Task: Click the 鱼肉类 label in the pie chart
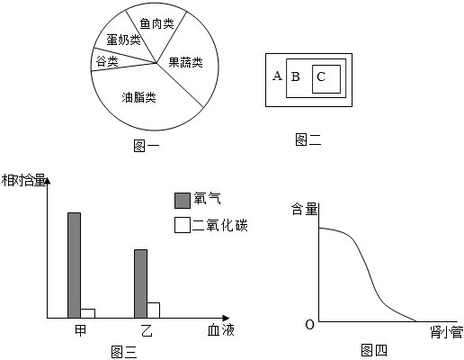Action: click(156, 23)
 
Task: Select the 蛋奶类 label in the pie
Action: click(123, 40)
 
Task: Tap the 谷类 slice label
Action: click(107, 61)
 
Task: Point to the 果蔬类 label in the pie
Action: click(185, 62)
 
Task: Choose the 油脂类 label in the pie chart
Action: click(138, 97)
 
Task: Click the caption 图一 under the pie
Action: click(147, 146)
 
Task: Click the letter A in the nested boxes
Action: click(277, 76)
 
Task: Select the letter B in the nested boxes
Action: click(296, 76)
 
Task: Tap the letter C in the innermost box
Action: click(321, 76)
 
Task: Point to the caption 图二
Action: click(308, 139)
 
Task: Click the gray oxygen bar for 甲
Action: click(74, 265)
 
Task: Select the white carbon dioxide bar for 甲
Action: click(88, 313)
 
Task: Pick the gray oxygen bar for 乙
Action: click(140, 283)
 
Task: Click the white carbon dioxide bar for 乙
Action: click(153, 310)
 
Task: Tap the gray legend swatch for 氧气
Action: click(183, 201)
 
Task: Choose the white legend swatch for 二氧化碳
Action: click(183, 225)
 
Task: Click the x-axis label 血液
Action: click(221, 330)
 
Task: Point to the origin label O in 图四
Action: click(309, 324)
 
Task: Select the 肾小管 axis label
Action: click(447, 332)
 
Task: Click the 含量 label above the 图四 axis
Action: click(304, 209)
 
